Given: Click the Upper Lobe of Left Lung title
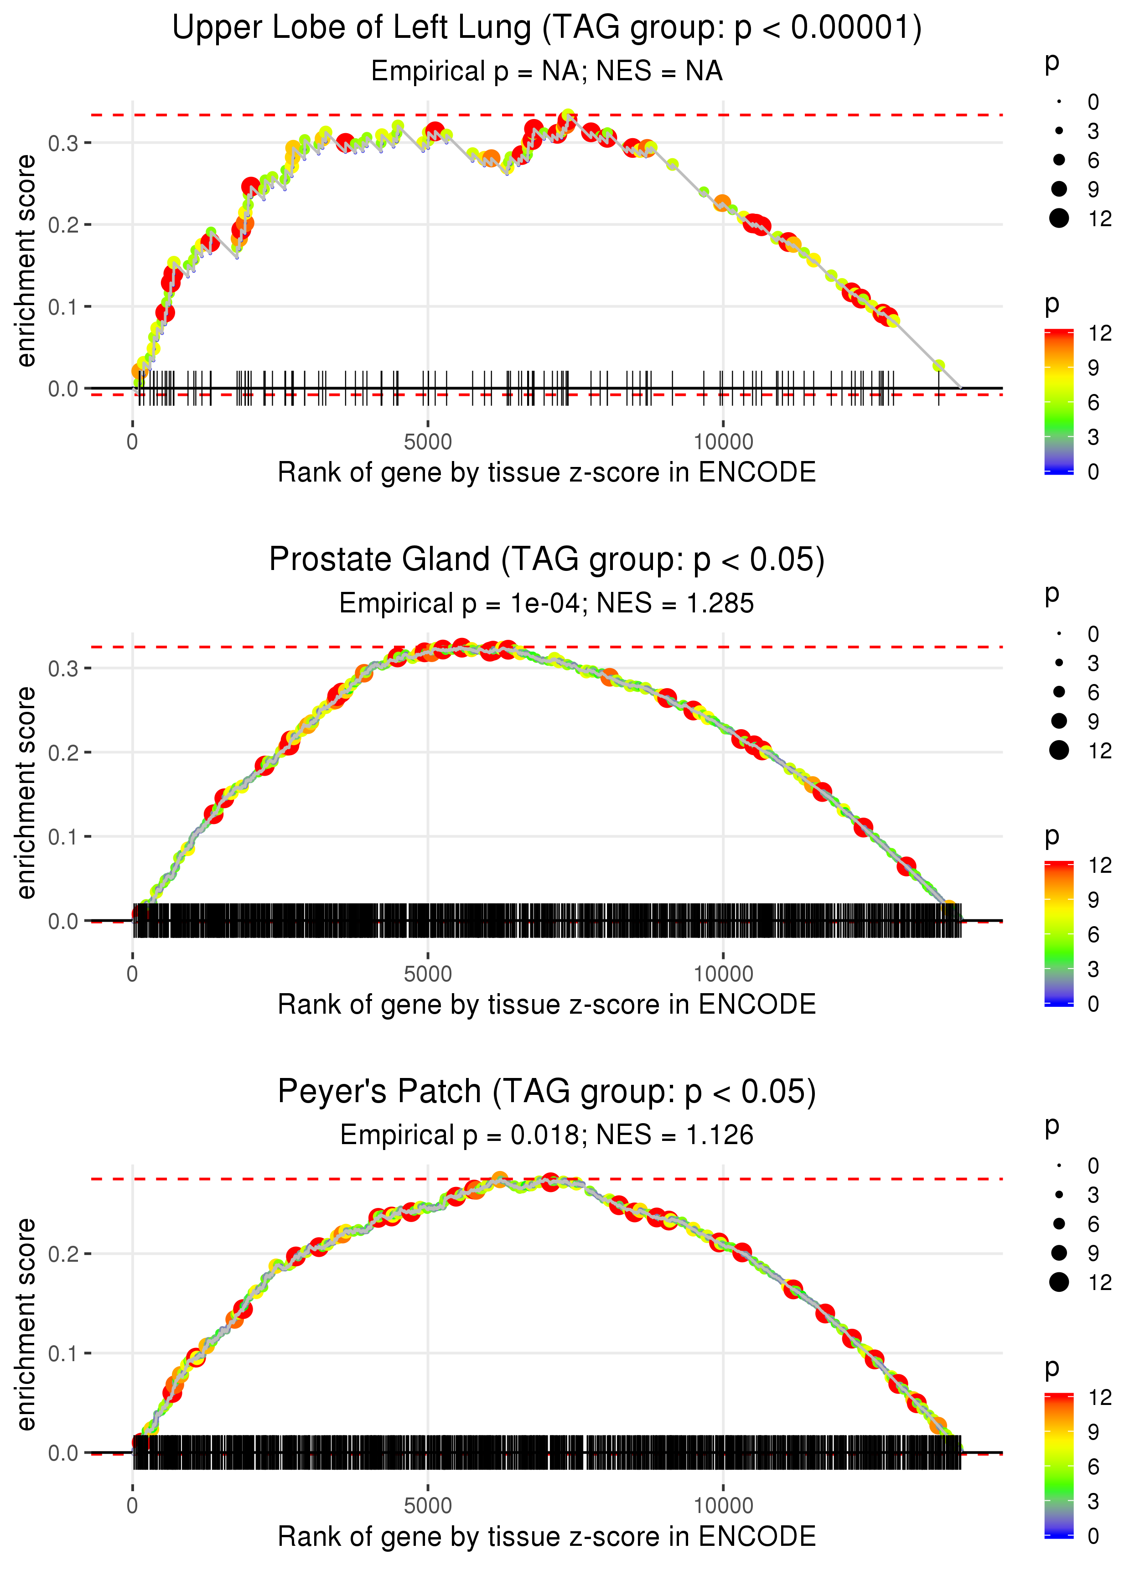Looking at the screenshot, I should click(546, 28).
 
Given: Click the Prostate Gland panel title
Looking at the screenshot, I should click(546, 560).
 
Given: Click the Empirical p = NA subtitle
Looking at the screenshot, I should click(546, 72).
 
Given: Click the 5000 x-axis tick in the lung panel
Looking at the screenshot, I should click(428, 442).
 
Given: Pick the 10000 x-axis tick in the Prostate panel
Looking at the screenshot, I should click(723, 974).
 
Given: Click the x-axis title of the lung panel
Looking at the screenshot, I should click(546, 472).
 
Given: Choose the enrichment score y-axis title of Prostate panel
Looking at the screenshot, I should click(26, 793).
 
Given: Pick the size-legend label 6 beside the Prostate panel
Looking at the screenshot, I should click(1093, 693).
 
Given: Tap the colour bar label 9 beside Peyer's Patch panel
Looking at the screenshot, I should click(1093, 1432).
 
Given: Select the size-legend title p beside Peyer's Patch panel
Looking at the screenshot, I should click(1052, 1125).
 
